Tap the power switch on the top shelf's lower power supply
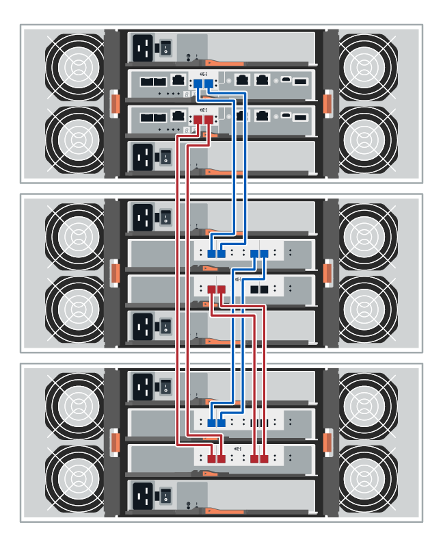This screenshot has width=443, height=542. pos(165,158)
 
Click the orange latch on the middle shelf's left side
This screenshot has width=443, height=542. pos(115,272)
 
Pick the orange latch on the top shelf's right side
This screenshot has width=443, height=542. pos(327,102)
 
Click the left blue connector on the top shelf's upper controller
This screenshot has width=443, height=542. pos(198,83)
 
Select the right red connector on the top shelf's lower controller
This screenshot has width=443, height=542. pos(209,120)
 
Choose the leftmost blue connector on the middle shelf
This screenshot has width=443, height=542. pos(211,254)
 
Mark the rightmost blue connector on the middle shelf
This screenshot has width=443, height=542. pos(265,254)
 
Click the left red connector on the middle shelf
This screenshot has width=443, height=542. pos(211,289)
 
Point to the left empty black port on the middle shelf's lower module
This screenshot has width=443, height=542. pos(254,289)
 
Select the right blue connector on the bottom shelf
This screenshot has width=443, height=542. pos(221,423)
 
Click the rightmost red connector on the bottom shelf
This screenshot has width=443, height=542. pos(265,459)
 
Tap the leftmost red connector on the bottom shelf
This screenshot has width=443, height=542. pos(211,459)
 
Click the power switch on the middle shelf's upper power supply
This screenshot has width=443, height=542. pos(165,218)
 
